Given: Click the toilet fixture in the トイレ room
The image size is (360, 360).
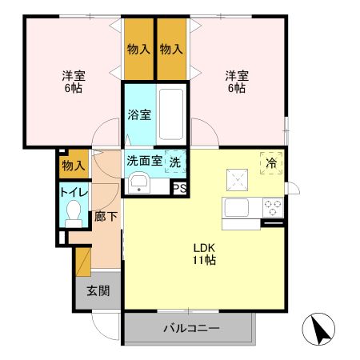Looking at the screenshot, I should coord(74,212).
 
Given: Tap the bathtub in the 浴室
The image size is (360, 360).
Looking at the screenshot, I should coord(172,114).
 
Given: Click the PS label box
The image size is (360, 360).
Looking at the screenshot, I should coord(179,188).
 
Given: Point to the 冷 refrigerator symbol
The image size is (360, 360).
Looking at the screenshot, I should coord(272,162).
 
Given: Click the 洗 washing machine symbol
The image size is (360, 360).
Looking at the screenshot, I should coord(174,160).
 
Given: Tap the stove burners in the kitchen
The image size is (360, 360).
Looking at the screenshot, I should coord(273,208).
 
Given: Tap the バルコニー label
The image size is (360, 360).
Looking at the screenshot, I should coord(191,328).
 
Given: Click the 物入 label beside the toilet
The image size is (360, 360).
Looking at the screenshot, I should coord(74,166).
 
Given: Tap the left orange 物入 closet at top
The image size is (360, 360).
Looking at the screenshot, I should coord(139,48).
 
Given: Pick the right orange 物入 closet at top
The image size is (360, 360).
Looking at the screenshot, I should coord(171,48).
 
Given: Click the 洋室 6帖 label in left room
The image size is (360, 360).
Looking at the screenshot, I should coord(74,82).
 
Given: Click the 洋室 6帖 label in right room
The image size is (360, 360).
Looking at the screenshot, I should coord(236,82).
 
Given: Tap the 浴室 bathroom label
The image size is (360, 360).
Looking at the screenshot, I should coord(139,114).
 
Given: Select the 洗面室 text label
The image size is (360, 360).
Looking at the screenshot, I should coord(144,160).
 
